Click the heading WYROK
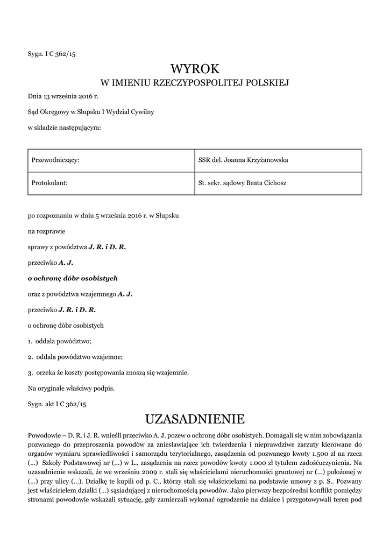point(195,68)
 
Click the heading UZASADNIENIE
point(195,418)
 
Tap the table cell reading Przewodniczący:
point(56,160)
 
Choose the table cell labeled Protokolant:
point(48,183)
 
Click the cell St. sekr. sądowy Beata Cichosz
point(242,183)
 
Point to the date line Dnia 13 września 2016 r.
point(63,97)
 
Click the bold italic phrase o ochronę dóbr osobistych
point(73,278)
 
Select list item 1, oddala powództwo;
point(60,341)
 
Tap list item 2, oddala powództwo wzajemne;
point(76,357)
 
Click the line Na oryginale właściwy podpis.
point(71,387)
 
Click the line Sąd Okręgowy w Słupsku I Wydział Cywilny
point(91,112)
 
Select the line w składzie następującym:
point(64,128)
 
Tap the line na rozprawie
point(46,231)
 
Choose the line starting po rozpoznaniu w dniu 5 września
point(103,216)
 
